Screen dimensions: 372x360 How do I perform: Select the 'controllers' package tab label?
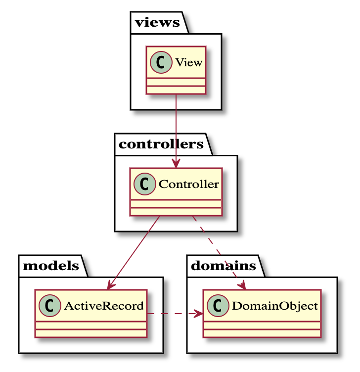[x=161, y=144]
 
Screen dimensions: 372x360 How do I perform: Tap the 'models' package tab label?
[x=50, y=266]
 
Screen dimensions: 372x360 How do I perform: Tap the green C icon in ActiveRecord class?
[x=48, y=306]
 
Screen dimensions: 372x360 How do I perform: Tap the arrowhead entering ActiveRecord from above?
[x=111, y=285]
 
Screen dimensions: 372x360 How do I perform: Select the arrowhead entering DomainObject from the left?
[x=199, y=314]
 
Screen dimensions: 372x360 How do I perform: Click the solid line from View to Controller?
[x=176, y=129]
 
